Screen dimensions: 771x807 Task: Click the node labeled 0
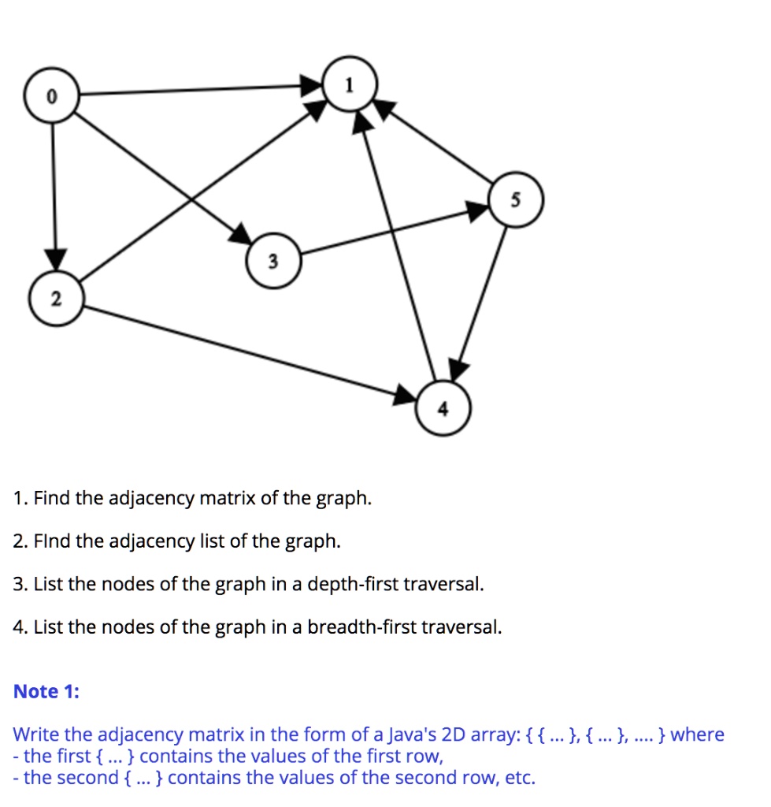pyautogui.click(x=51, y=95)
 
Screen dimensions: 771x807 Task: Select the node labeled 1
pyautogui.click(x=350, y=84)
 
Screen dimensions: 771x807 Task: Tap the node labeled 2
pyautogui.click(x=56, y=299)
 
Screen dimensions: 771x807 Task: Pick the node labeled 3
pyautogui.click(x=273, y=260)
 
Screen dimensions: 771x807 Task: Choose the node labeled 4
pyautogui.click(x=443, y=408)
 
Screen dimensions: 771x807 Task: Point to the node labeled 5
pyautogui.click(x=516, y=199)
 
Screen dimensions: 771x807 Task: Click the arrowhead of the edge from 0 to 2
pyautogui.click(x=56, y=258)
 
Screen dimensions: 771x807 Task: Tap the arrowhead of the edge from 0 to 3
pyautogui.click(x=241, y=234)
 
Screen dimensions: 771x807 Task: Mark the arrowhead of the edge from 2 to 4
pyautogui.click(x=405, y=395)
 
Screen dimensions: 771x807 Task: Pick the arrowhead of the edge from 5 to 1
pyautogui.click(x=385, y=109)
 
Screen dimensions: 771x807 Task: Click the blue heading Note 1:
pyautogui.click(x=46, y=691)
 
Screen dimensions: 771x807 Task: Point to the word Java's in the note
pyautogui.click(x=411, y=734)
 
